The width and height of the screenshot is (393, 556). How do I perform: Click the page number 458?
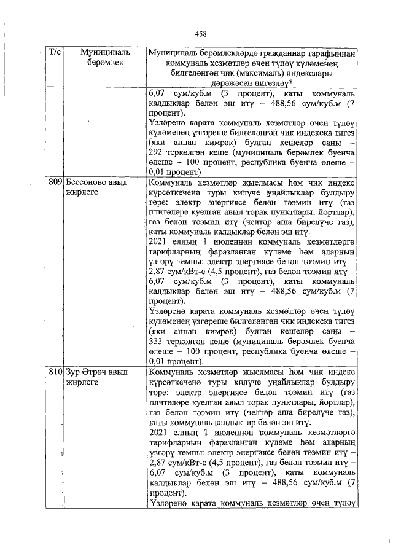tap(200, 34)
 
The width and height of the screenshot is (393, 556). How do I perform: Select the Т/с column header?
tap(54, 53)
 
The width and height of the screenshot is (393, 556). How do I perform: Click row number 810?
tap(55, 372)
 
